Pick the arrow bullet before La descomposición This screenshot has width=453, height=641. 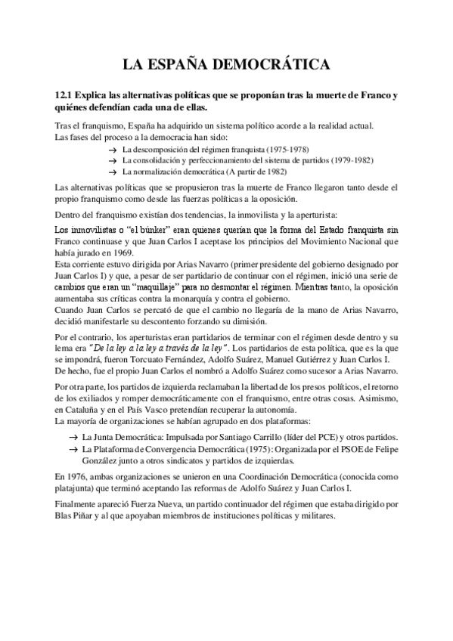pyautogui.click(x=113, y=150)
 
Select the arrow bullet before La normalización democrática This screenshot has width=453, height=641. pyautogui.click(x=113, y=172)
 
